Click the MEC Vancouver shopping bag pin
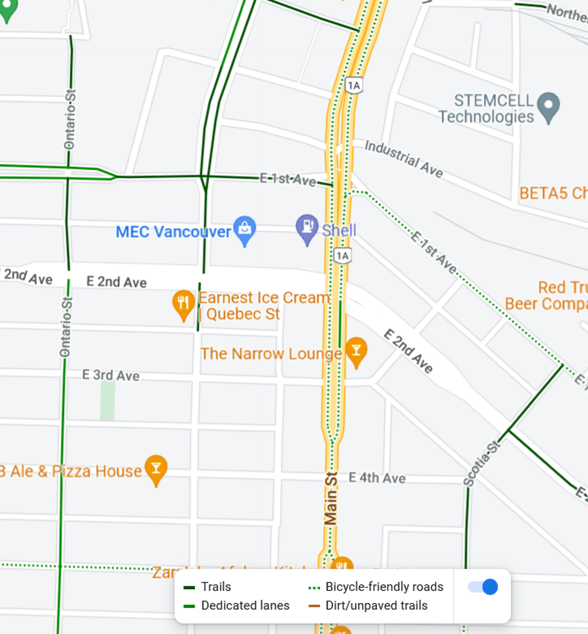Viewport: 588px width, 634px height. [x=245, y=230]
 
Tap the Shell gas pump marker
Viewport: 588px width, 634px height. [x=307, y=228]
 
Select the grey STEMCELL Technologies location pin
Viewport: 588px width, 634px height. [x=548, y=107]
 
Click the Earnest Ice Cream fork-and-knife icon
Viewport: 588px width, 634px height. [x=183, y=304]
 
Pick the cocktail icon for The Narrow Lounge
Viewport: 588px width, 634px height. [x=356, y=351]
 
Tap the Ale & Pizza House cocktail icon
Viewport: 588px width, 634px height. [x=156, y=469]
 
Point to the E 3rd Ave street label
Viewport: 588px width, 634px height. [x=111, y=375]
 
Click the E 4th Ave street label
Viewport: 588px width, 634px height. [x=377, y=478]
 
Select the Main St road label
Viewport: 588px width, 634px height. [x=331, y=498]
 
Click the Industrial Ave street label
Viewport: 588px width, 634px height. [x=404, y=158]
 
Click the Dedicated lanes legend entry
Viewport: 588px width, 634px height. [x=245, y=605]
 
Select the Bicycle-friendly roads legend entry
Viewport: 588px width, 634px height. [x=384, y=587]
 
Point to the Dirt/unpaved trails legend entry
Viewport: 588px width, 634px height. [x=376, y=605]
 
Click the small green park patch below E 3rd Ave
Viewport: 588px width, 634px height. [x=107, y=401]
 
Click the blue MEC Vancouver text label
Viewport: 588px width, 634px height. [x=173, y=231]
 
